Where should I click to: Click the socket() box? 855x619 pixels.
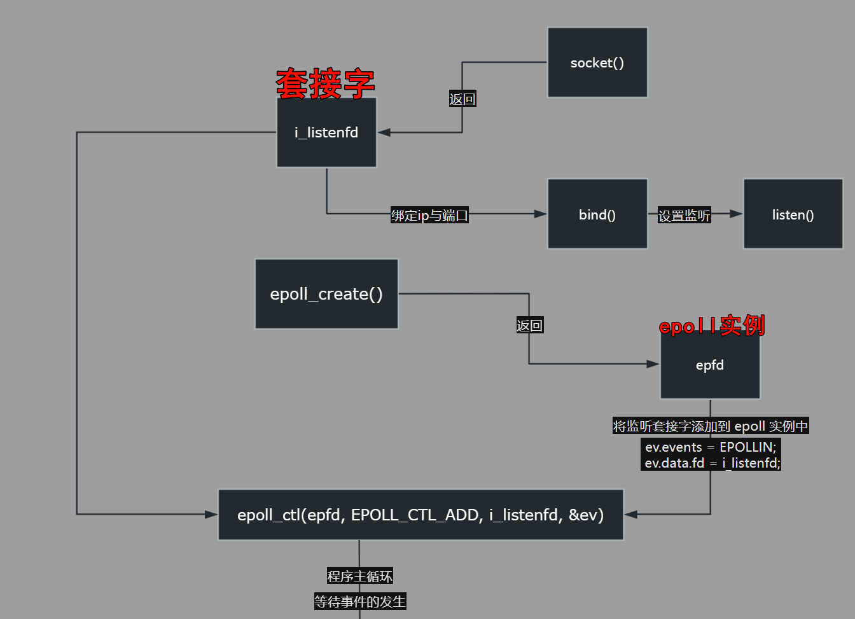point(597,62)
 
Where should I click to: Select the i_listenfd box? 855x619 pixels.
point(326,132)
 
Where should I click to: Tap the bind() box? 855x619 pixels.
point(597,214)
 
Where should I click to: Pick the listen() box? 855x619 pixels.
point(793,214)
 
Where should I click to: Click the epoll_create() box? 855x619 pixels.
point(326,294)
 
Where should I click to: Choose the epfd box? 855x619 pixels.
point(710,365)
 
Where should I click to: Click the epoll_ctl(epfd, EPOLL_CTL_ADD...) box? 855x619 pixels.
point(421,515)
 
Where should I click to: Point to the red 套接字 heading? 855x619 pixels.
point(325,84)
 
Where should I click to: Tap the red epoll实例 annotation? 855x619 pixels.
point(712,326)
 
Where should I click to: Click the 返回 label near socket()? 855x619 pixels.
point(462,99)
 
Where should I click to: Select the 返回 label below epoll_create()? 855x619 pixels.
point(529,326)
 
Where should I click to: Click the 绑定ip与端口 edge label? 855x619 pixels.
point(429,216)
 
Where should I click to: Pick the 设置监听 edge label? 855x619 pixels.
point(684,216)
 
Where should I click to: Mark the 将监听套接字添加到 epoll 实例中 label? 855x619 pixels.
point(711,426)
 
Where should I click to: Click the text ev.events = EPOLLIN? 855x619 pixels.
point(711,447)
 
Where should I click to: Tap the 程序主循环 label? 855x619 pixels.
point(359,576)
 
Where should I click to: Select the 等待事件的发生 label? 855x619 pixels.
point(359,601)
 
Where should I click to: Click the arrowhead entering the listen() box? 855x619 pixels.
point(736,214)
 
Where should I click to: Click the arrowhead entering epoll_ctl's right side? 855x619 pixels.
point(631,514)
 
